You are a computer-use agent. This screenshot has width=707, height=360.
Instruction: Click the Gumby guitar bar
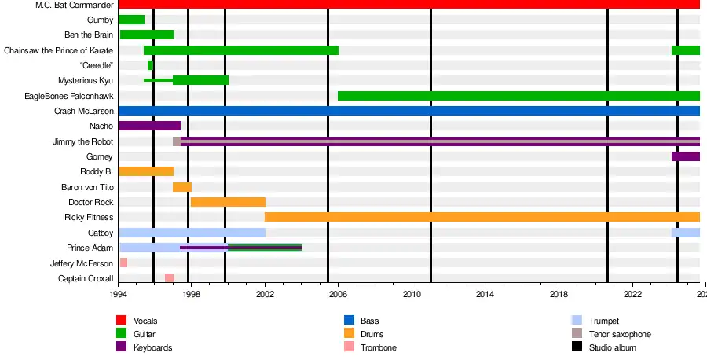click(x=132, y=20)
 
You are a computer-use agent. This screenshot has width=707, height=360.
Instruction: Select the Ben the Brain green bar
click(x=146, y=35)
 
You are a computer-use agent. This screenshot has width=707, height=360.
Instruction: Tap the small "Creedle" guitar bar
click(x=150, y=65)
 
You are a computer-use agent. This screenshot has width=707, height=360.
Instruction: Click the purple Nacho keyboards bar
click(x=149, y=126)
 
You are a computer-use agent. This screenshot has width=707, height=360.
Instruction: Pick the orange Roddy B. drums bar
click(x=146, y=171)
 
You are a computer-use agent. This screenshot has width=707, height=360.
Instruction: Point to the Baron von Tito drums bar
click(x=182, y=187)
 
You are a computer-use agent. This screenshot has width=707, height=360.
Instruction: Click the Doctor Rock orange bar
click(x=228, y=202)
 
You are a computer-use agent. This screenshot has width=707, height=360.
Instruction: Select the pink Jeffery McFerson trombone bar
click(x=123, y=263)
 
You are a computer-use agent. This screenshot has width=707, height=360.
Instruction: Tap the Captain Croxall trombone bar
click(x=169, y=278)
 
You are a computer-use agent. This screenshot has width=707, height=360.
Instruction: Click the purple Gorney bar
click(x=685, y=156)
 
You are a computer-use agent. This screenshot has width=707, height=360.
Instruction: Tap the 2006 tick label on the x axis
click(x=338, y=293)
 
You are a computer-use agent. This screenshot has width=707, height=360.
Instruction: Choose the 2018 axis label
click(x=559, y=293)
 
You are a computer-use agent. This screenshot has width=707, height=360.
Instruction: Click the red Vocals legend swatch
click(x=122, y=321)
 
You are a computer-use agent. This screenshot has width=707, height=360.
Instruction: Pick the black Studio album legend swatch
click(x=577, y=347)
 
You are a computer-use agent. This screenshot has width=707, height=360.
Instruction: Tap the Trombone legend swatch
click(x=350, y=347)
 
